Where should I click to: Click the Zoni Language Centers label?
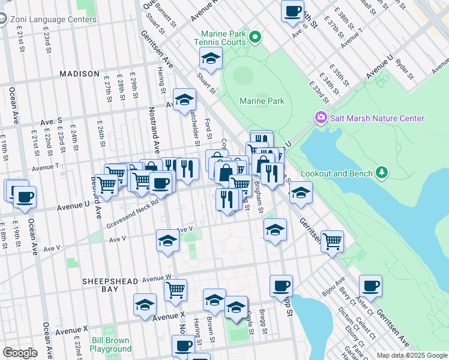click(53, 19)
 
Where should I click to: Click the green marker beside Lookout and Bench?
click(379, 173)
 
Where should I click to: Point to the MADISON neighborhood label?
click(79, 74)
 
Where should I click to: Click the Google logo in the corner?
click(20, 352)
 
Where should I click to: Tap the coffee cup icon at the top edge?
click(292, 11)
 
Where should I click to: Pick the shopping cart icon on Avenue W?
click(175, 290)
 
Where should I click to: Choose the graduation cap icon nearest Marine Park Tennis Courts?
click(211, 58)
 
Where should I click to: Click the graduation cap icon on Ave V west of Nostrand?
click(167, 240)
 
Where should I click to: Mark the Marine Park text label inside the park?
click(262, 101)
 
